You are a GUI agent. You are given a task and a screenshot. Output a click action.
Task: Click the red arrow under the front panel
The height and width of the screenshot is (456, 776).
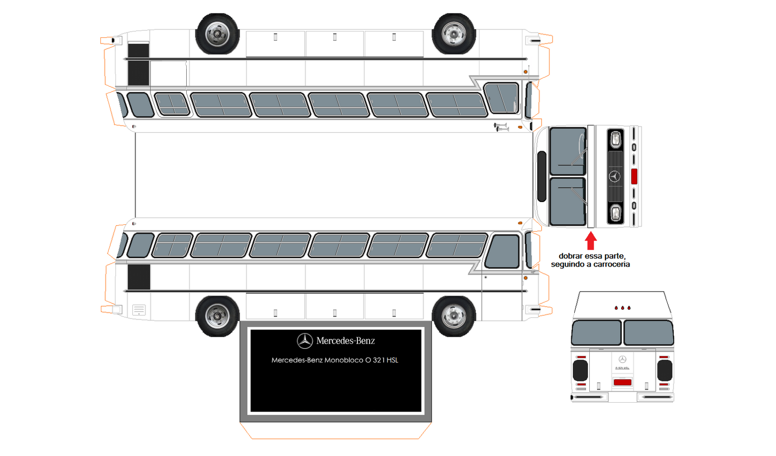coord(590,241)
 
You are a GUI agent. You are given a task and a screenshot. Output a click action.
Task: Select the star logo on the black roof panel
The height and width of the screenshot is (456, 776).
coord(305,341)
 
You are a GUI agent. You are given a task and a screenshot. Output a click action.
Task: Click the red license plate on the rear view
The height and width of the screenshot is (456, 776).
coord(622,382)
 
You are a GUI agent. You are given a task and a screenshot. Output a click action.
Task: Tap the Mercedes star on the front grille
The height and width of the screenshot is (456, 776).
coord(614,176)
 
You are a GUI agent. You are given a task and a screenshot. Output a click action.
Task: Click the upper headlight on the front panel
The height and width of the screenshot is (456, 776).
coord(615,140)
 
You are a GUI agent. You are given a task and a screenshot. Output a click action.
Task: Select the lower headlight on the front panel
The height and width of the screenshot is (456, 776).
coord(615,213)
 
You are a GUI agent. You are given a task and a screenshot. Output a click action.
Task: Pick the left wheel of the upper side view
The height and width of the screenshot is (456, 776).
coord(217,34)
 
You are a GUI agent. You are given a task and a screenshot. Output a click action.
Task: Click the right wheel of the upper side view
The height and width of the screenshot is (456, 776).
coord(453,34)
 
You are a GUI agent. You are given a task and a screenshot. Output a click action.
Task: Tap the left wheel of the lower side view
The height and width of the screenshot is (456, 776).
coord(217,316)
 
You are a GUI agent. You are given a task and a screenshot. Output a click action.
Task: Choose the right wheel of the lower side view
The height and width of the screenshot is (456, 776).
coord(453,316)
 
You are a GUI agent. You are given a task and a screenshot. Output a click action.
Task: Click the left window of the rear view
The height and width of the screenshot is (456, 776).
coord(596,332)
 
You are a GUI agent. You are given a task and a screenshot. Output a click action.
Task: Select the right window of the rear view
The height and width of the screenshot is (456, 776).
coord(648,332)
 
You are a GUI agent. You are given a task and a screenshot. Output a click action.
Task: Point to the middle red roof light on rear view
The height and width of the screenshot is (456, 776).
coord(623,308)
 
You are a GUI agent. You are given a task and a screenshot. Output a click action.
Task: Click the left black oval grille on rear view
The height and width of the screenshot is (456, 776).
coord(580,371)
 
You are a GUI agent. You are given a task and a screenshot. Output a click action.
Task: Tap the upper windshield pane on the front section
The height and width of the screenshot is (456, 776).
coord(567,151)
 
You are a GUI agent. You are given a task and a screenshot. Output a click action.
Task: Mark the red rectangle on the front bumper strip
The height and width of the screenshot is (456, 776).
coord(634,176)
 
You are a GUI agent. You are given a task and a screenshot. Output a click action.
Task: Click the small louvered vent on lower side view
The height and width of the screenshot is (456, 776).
coord(139,310)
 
